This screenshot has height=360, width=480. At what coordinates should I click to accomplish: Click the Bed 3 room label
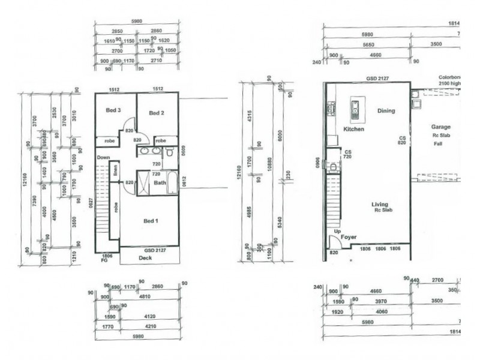click(114, 110)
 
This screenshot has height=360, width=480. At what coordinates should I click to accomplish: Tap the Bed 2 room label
click(157, 113)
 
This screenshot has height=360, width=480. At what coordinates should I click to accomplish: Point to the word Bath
click(160, 182)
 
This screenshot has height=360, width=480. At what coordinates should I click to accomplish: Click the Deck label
click(145, 258)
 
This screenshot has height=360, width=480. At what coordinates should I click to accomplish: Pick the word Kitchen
click(353, 129)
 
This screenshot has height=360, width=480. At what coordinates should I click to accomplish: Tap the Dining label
click(386, 110)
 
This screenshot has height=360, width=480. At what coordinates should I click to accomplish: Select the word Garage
click(441, 127)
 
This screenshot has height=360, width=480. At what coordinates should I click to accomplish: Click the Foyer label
click(349, 237)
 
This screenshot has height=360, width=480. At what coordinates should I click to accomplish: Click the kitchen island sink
click(355, 107)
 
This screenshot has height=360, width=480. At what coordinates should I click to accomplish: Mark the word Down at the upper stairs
click(104, 157)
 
